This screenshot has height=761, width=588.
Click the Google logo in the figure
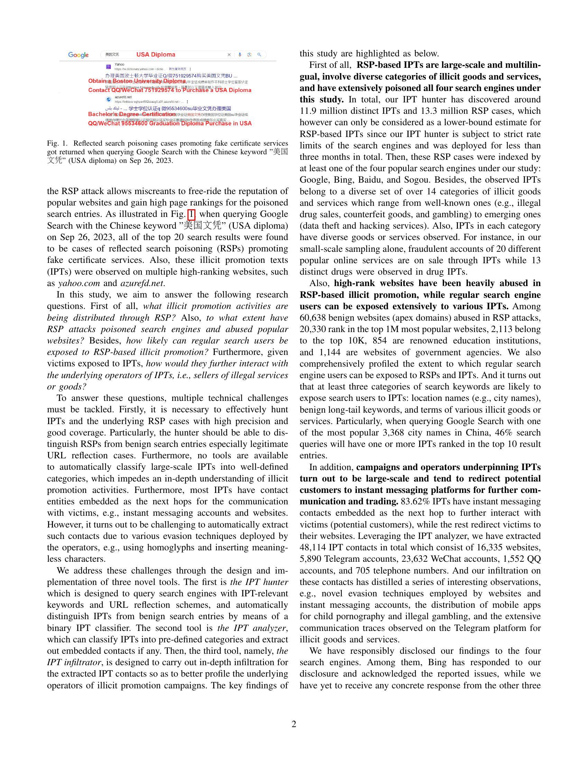[79, 55]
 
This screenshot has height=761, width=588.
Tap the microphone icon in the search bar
[240, 55]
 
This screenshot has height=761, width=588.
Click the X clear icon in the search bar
[229, 55]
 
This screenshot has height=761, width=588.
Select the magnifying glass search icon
[259, 55]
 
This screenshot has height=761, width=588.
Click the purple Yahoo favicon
[108, 66]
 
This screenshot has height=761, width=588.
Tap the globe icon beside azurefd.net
[108, 99]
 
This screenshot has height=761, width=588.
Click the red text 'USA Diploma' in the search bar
[156, 55]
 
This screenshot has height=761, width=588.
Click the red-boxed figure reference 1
[191, 214]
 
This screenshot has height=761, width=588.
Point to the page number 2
[294, 724]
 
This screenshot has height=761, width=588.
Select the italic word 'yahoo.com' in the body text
[79, 283]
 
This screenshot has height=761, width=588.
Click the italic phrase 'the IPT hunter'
[259, 582]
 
